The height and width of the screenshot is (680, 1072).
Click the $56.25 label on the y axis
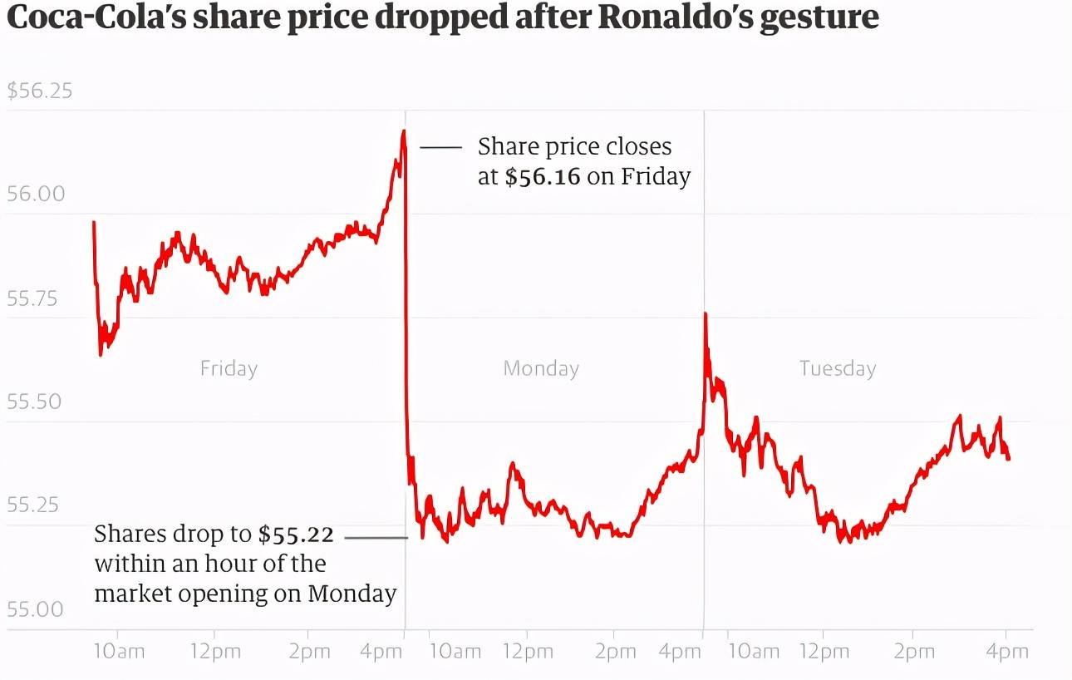pos(40,91)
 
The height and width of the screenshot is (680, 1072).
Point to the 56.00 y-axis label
pos(36,194)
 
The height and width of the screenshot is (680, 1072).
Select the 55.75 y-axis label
pos(36,298)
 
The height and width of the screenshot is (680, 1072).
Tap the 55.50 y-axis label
pos(36,402)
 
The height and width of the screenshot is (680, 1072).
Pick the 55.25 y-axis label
pos(36,505)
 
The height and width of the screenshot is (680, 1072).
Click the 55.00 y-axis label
pos(36,609)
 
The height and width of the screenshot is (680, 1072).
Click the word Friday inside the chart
pos(229,368)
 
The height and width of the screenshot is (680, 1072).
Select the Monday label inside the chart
pos(541,368)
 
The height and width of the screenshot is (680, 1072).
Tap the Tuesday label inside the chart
pos(838,368)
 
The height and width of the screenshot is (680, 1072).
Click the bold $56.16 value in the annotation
pos(543,177)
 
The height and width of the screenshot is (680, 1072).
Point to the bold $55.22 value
pos(296,535)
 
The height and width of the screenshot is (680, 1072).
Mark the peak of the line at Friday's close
pos(403,131)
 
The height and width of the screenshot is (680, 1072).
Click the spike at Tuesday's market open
pos(706,314)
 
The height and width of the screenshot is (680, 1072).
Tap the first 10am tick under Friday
pos(118,652)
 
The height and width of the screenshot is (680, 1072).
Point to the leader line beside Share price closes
pos(440,147)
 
